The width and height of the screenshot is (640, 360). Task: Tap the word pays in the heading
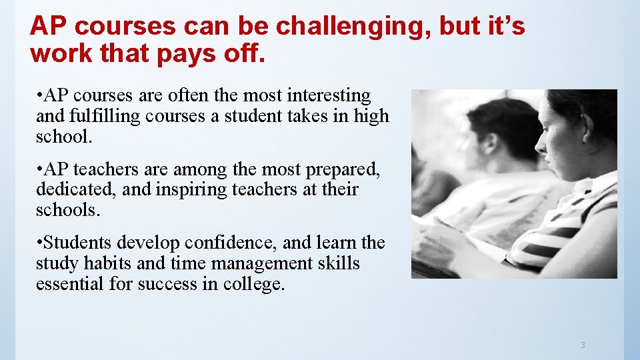[189, 53]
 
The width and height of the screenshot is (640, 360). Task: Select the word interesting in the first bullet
[319, 96]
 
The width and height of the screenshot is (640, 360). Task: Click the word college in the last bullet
[252, 284]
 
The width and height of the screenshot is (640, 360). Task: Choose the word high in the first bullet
[371, 116]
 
